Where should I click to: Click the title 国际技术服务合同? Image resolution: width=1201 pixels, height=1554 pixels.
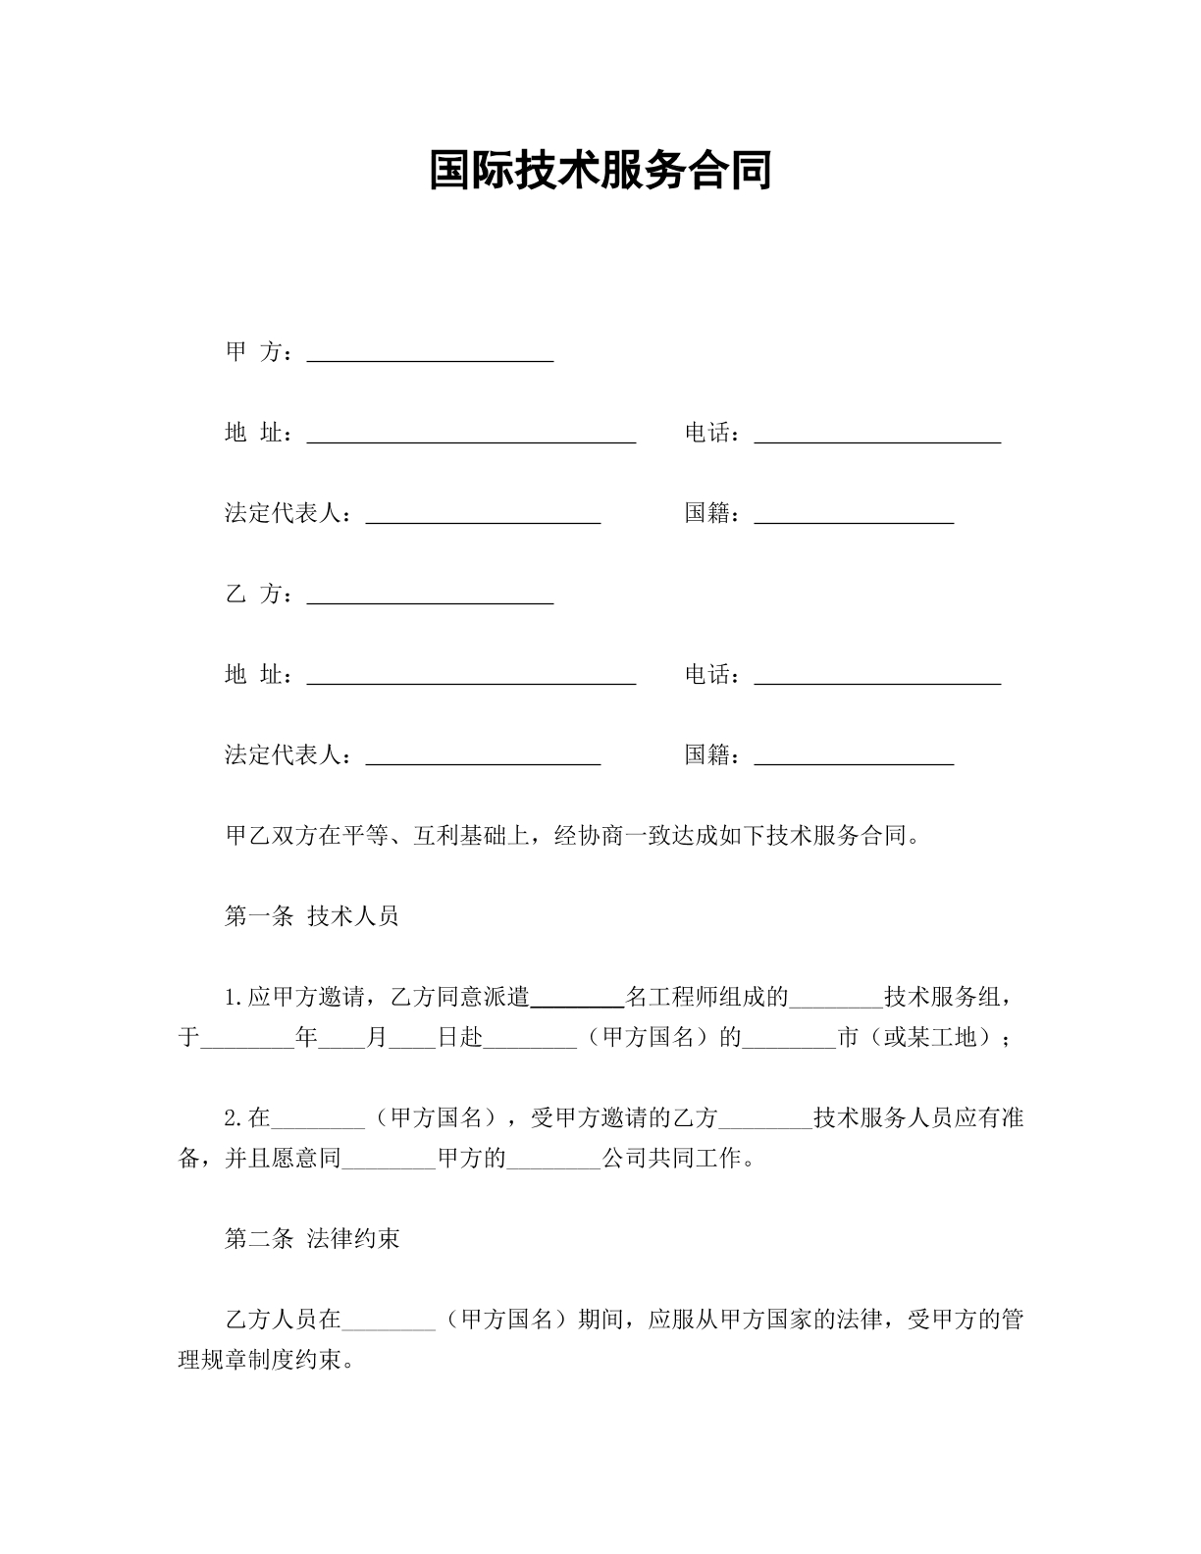(600, 171)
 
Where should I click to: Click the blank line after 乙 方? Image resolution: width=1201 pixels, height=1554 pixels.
(430, 601)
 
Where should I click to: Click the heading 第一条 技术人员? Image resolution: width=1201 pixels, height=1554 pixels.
(312, 916)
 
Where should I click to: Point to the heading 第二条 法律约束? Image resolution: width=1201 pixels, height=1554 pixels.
(312, 1239)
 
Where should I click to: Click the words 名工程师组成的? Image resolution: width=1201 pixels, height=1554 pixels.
(707, 998)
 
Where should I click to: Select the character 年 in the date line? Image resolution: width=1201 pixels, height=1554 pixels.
(307, 1038)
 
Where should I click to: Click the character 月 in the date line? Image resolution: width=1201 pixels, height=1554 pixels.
(377, 1038)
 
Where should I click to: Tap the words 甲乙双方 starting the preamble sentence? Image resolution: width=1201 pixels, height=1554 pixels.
(260, 837)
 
